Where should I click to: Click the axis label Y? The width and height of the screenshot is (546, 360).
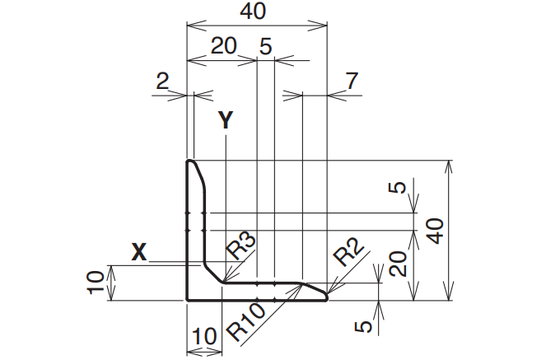226,119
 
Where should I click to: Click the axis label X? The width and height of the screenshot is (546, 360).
139,252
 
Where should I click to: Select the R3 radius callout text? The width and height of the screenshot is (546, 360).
240,245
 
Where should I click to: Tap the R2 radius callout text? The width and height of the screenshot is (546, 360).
348,251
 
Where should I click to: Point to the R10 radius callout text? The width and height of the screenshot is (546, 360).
246,323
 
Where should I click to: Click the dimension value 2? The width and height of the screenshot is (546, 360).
162,81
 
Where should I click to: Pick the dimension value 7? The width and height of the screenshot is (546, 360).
352,81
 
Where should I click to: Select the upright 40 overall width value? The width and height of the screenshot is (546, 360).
253,11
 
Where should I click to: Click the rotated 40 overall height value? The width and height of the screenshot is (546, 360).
436,231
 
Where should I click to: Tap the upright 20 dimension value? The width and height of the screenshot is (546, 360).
224,45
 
